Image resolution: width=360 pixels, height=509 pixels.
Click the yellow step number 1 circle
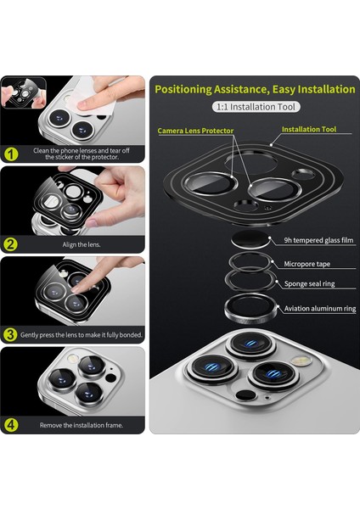point(10,154)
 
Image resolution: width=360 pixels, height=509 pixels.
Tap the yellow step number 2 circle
point(10,244)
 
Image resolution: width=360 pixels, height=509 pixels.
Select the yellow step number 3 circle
point(10,335)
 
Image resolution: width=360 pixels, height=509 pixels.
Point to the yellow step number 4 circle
point(10,425)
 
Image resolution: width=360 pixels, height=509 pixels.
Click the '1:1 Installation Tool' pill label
point(256,107)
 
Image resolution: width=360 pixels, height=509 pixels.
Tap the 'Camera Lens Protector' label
point(195,131)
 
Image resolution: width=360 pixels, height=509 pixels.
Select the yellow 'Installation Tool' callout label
point(309,129)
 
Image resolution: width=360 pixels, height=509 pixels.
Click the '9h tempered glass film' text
point(318,240)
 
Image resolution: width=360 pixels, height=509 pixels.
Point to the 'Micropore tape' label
point(307,264)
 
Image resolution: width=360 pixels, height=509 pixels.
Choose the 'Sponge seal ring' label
point(309,283)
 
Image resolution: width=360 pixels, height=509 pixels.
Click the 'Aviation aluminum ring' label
point(320,309)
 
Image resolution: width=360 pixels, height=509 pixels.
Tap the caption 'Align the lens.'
point(82,245)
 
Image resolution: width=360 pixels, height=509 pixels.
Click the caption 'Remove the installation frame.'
point(82,425)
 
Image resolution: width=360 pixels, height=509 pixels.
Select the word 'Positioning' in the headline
point(183,89)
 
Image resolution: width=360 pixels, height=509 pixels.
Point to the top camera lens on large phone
point(250,344)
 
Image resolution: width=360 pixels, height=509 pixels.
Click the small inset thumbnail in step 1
point(24,92)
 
